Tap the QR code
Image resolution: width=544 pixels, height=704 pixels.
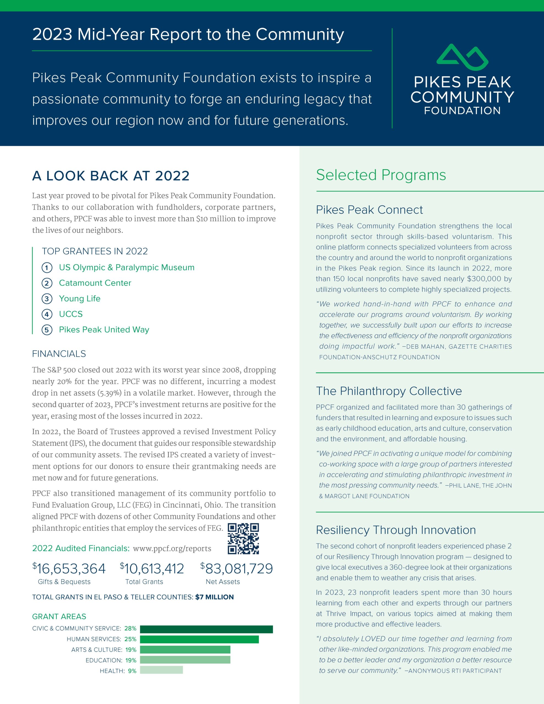[x=243, y=539]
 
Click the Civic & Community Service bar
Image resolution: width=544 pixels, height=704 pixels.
[x=206, y=629]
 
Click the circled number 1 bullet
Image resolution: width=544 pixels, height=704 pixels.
[x=47, y=268]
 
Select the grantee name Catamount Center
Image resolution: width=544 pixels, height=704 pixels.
[x=95, y=283]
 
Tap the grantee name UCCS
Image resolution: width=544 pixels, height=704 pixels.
[x=71, y=314]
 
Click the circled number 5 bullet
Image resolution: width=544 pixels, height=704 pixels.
[x=47, y=330]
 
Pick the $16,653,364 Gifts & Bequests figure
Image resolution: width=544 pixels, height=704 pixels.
[x=69, y=569]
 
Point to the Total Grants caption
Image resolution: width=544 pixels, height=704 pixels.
[x=144, y=582]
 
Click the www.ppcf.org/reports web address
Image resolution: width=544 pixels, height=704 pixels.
[x=172, y=549]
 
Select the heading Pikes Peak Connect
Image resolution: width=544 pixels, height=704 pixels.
[x=369, y=210]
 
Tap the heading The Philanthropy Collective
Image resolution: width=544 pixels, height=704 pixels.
[x=389, y=391]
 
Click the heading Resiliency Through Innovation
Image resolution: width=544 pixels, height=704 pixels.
[x=396, y=530]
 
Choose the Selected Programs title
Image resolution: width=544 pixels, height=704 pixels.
[x=381, y=175]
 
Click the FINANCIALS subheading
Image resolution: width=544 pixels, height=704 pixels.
[x=59, y=354]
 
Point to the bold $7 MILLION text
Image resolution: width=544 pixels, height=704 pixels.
[x=215, y=597]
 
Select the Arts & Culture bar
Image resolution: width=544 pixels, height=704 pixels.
[x=185, y=650]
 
